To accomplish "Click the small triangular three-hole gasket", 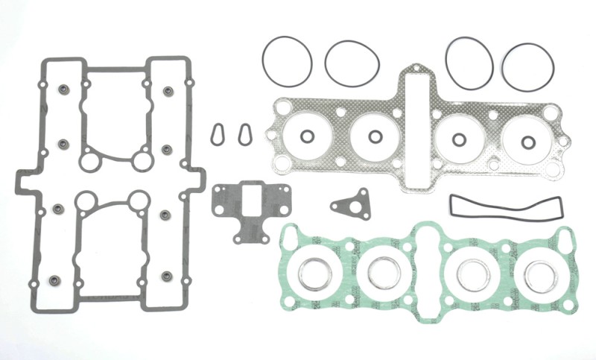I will [352, 204].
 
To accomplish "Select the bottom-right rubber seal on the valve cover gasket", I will [167, 276].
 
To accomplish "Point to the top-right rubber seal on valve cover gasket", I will [168, 92].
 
